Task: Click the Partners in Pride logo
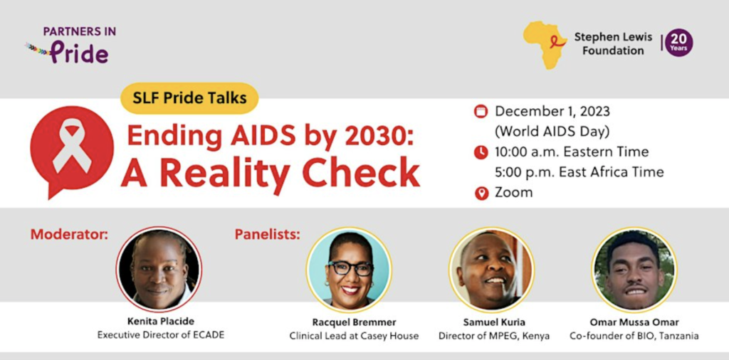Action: (x=70, y=45)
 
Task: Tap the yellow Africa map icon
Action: (x=545, y=45)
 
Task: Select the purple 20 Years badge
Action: (x=678, y=43)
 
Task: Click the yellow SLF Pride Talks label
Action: (x=189, y=98)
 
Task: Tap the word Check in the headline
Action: (x=361, y=172)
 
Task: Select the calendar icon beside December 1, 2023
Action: (x=481, y=112)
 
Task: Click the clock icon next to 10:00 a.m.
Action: (x=481, y=152)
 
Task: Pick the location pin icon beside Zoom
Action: (x=481, y=193)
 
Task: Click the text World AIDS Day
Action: (x=552, y=132)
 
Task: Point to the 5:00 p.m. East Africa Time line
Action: (x=579, y=172)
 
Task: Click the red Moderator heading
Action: (x=69, y=234)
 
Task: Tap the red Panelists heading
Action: (x=268, y=234)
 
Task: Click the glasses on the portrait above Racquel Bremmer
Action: (x=350, y=268)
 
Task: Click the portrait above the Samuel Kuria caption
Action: (x=492, y=270)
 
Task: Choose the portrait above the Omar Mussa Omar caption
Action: (x=634, y=270)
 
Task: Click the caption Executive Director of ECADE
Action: (x=161, y=335)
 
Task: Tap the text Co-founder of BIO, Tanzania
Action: (x=634, y=336)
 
